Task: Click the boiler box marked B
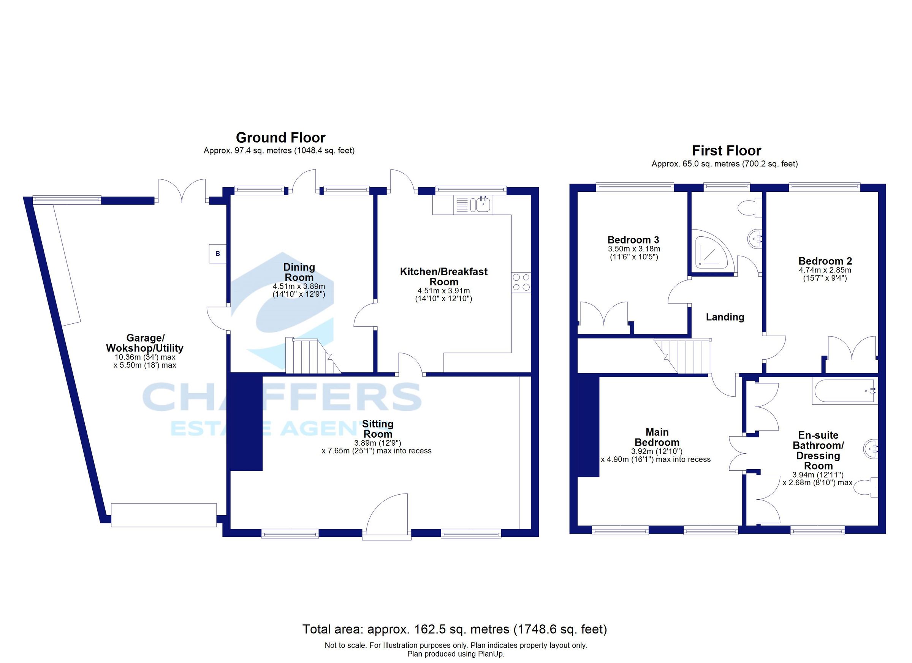tap(217, 254)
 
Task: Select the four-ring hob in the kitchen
tap(521, 282)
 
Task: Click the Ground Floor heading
tap(280, 138)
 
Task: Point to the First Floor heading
tap(726, 150)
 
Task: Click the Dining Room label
tap(299, 272)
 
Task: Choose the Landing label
tap(725, 317)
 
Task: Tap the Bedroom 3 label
tap(633, 240)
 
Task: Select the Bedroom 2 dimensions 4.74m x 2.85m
tap(825, 270)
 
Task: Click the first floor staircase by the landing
tap(682, 356)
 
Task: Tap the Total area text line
tap(454, 629)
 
